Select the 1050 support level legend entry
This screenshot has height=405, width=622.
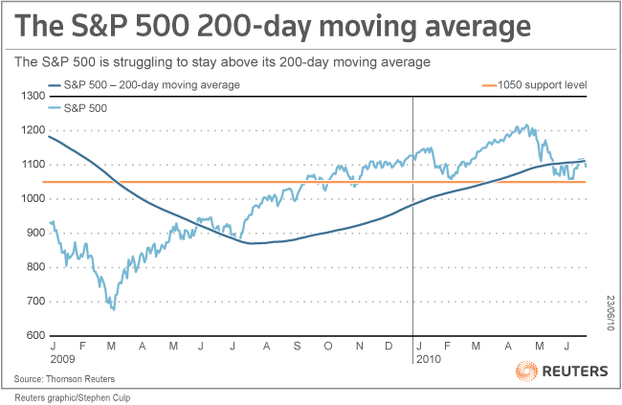tap(544, 86)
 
